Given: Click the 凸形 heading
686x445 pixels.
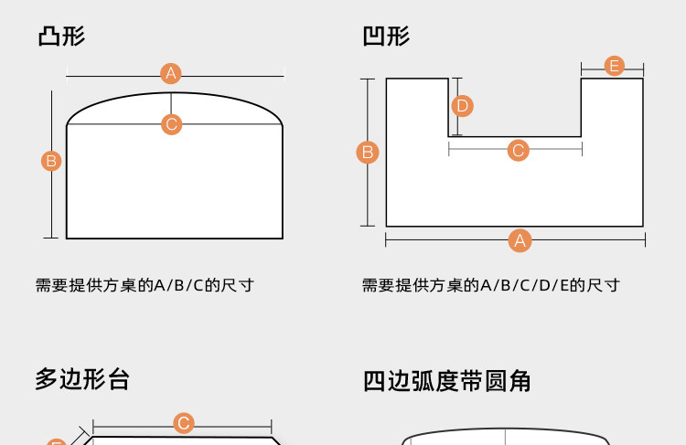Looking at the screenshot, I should pyautogui.click(x=61, y=37).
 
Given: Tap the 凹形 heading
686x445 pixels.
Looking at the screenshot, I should pyautogui.click(x=386, y=37).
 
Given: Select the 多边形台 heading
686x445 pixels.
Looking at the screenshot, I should pyautogui.click(x=82, y=378).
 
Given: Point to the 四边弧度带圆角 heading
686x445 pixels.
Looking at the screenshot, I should pyautogui.click(x=446, y=380).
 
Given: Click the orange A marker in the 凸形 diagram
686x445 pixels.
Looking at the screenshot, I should pyautogui.click(x=171, y=73).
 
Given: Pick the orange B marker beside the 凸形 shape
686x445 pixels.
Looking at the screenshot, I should pyautogui.click(x=51, y=161).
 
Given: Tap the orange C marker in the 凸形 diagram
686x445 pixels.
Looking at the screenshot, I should pyautogui.click(x=171, y=124).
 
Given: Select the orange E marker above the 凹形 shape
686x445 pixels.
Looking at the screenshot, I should pyautogui.click(x=615, y=66).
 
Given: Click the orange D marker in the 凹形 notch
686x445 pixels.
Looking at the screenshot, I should pyautogui.click(x=462, y=106).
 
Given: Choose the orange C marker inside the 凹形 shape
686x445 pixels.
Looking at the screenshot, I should pyautogui.click(x=518, y=150).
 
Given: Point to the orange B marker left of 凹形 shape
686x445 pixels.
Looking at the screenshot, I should pyautogui.click(x=368, y=152).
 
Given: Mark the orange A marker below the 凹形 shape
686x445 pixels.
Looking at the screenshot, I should pyautogui.click(x=520, y=241).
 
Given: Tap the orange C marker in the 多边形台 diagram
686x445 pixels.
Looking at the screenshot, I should pyautogui.click(x=184, y=423).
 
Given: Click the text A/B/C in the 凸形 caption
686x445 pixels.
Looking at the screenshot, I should pyautogui.click(x=178, y=285).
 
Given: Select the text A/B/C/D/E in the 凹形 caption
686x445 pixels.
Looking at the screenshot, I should pyautogui.click(x=520, y=285).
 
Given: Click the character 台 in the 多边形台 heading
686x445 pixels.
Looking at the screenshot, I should pyautogui.click(x=118, y=378).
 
